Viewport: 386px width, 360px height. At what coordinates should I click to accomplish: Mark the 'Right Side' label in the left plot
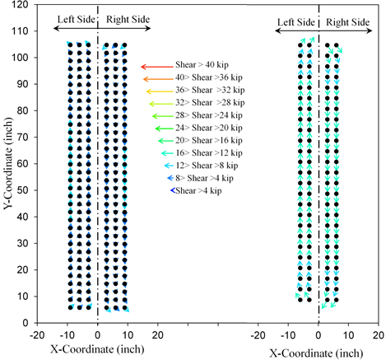[x=123, y=17]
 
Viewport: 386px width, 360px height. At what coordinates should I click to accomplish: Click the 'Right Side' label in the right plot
[x=345, y=21]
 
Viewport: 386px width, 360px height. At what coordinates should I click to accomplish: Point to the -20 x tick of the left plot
[x=37, y=336]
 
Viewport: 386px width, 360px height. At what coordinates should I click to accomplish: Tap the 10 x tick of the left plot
[x=128, y=336]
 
